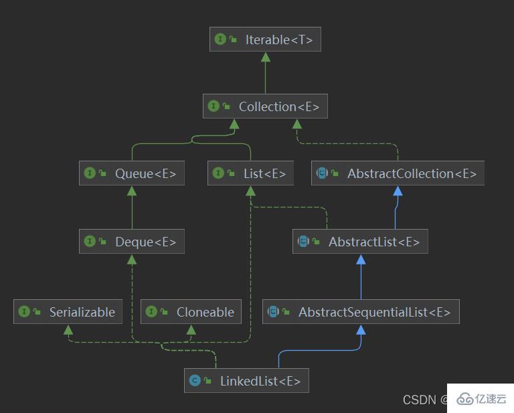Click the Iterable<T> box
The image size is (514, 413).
265,39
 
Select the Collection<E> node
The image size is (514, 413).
265,106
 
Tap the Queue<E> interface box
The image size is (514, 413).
131,173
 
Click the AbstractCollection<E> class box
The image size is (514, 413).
398,173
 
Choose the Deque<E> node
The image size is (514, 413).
131,242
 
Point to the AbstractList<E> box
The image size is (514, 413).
360,242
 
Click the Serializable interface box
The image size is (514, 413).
68,312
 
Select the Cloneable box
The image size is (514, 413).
191,312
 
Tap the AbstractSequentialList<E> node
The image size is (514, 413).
361,312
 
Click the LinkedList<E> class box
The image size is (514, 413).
246,381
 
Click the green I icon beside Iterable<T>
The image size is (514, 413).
220,39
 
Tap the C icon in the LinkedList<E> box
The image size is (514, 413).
195,381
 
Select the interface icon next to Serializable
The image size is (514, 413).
24,312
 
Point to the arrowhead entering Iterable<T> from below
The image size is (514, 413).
265,57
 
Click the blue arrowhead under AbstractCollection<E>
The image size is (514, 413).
398,191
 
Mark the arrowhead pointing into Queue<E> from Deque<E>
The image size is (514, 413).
131,191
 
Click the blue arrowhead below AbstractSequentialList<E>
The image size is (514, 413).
361,329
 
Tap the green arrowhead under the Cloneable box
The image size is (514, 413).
191,329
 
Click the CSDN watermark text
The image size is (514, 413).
419,400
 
